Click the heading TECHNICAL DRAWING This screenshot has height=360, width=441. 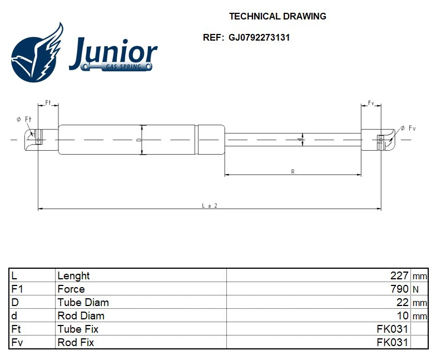tap(278, 16)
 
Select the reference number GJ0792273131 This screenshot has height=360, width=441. tap(259, 38)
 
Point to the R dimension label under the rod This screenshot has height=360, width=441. tap(293, 171)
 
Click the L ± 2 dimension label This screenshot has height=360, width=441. tap(209, 205)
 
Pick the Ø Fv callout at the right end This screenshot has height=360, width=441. tap(408, 129)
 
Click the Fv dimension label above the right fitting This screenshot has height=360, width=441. tap(371, 103)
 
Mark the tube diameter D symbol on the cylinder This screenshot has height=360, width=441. tap(139, 139)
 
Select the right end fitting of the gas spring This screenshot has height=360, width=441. tap(379, 139)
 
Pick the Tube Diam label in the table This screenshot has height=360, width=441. tap(83, 302)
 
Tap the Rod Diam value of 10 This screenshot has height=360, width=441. tap(403, 315)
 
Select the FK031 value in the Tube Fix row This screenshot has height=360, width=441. tap(393, 329)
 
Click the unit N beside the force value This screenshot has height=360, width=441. tap(415, 289)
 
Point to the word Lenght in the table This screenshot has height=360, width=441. tap(73, 275)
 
